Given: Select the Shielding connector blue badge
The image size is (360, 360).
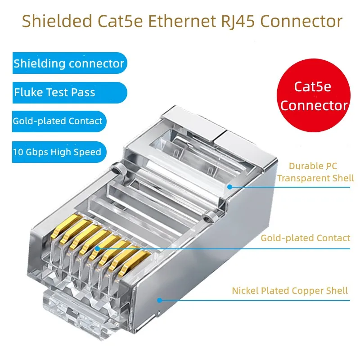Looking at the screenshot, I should [68, 63].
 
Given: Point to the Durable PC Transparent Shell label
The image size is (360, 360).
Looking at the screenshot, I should [315, 172].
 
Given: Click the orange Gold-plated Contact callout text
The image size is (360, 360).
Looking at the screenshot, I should [305, 238].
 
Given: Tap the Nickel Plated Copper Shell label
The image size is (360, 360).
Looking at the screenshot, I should [290, 290].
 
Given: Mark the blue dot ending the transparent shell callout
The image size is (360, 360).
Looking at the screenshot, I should [229, 186].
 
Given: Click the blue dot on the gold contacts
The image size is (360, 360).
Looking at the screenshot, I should [97, 247].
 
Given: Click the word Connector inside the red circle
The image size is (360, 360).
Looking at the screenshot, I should [314, 106].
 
